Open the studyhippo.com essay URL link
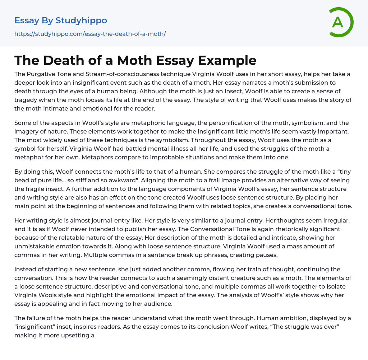point(90,34)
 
